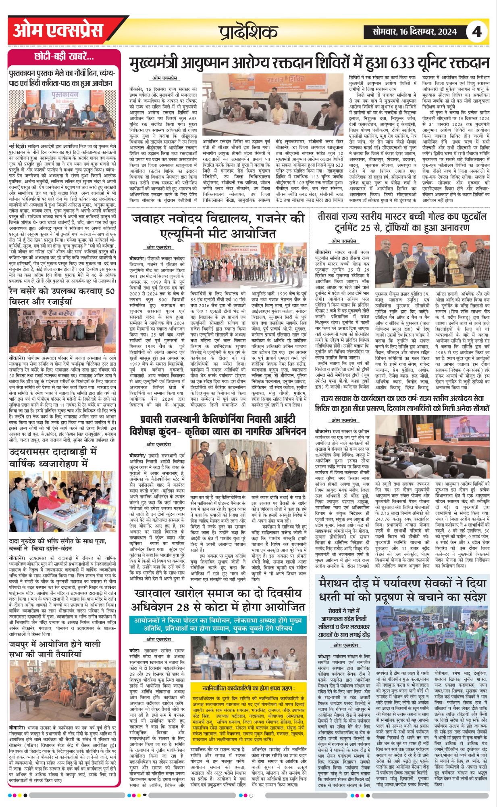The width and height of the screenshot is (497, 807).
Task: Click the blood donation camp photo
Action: [274, 105]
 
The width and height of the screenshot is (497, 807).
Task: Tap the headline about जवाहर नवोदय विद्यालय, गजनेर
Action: [218, 226]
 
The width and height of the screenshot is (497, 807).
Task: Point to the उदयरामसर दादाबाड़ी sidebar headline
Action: [53, 458]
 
